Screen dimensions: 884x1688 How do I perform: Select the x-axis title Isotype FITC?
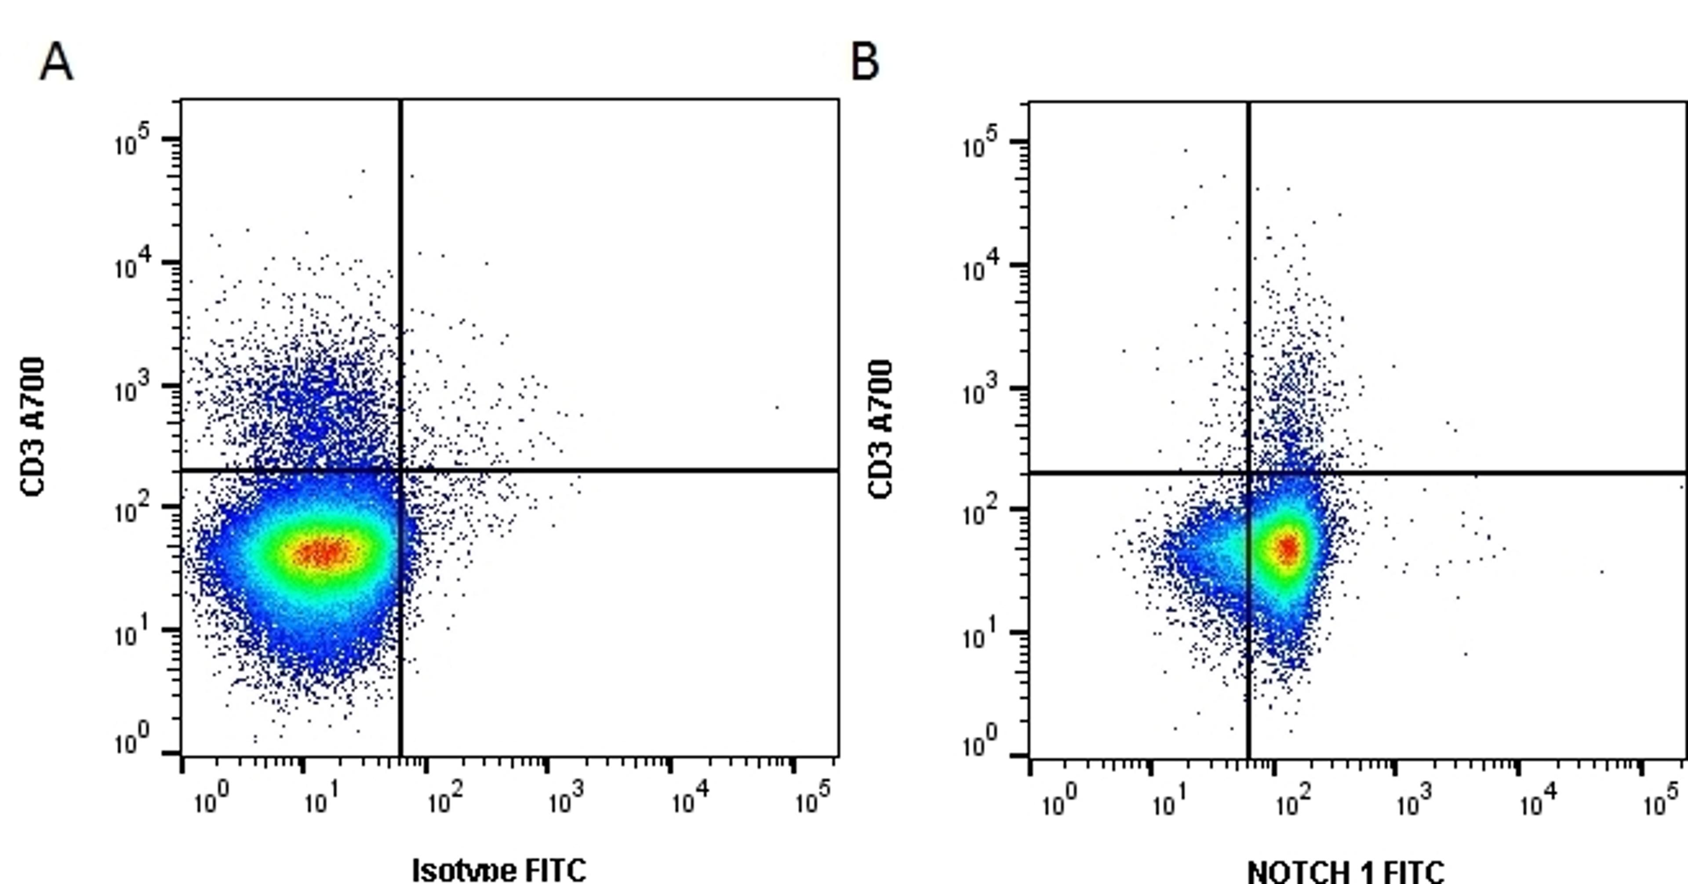(498, 869)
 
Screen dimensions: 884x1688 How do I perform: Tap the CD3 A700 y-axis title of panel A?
(33, 426)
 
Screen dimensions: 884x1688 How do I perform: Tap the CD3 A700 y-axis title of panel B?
(880, 429)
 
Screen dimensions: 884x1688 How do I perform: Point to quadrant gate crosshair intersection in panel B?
(1248, 472)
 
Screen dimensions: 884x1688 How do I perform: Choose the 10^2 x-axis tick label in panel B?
(1293, 802)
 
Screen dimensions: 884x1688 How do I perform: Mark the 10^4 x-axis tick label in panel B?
(1537, 802)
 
